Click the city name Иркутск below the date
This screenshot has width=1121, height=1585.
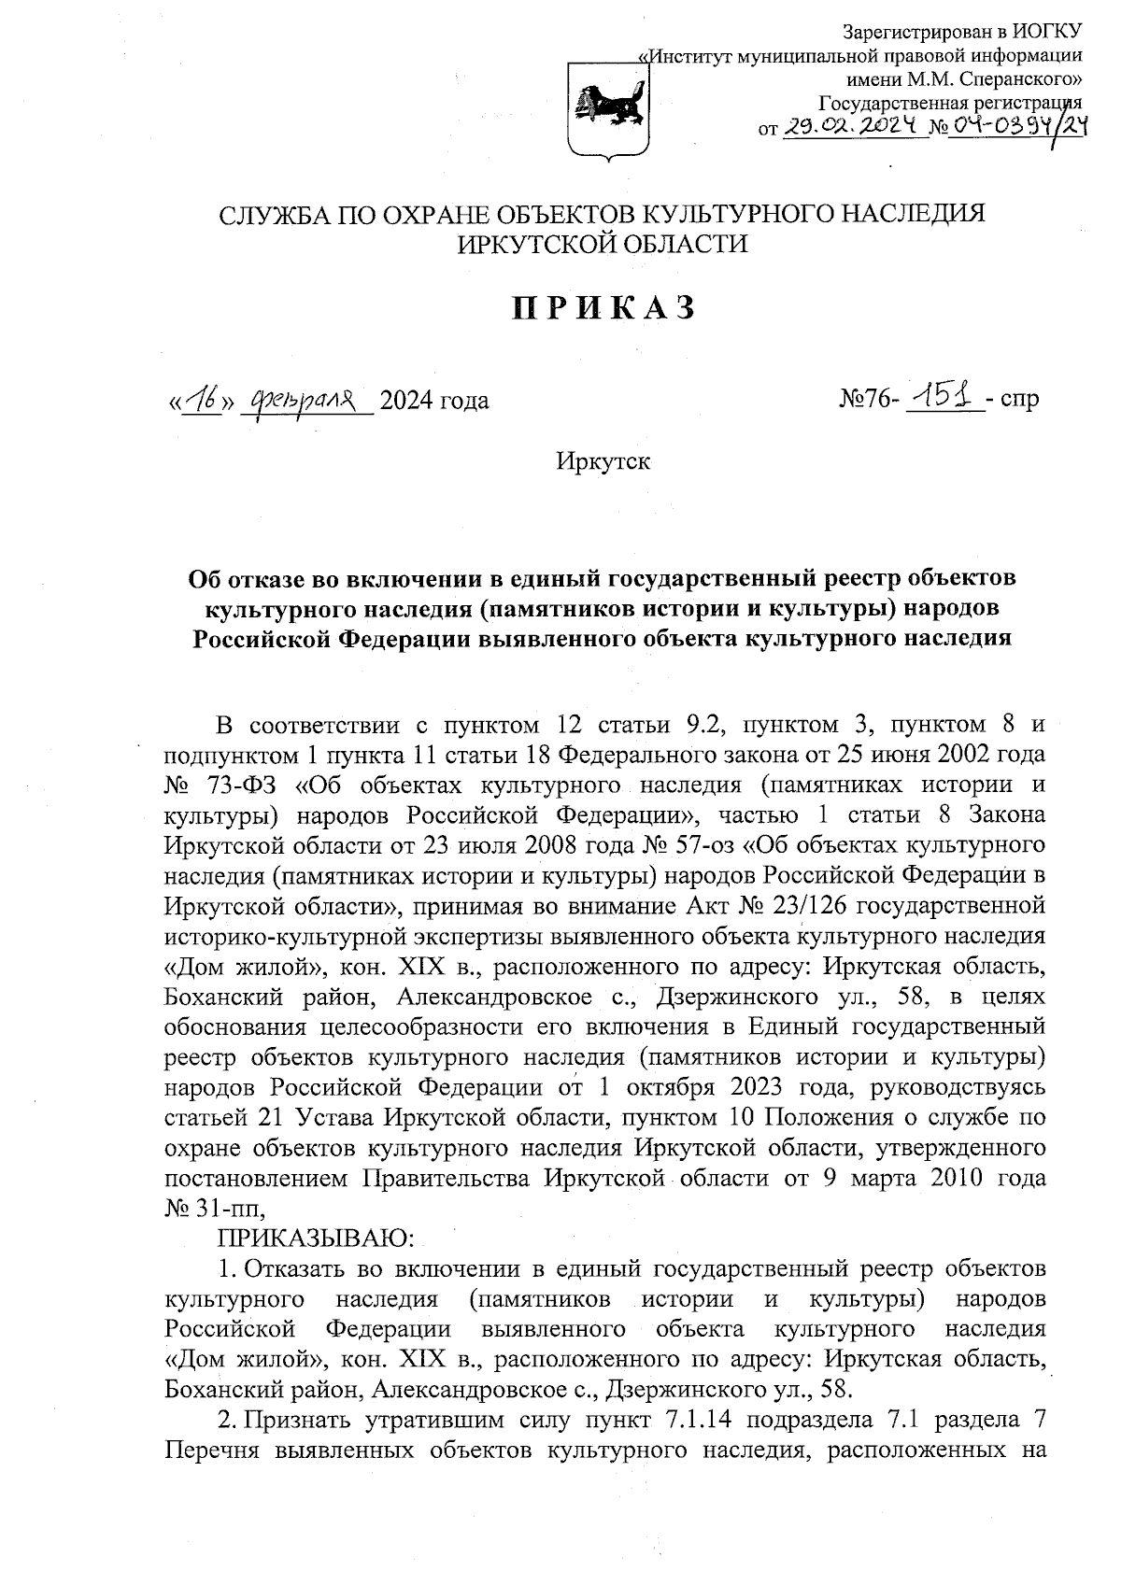click(603, 461)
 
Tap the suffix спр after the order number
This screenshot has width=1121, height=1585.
click(1018, 401)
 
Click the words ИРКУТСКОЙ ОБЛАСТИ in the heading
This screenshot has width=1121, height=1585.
click(603, 244)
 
